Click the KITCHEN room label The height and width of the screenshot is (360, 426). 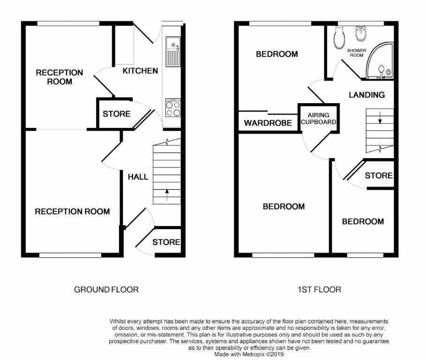140,71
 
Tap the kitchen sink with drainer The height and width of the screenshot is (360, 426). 173,52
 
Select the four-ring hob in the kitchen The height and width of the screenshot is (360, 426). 173,108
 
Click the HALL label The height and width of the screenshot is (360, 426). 138,177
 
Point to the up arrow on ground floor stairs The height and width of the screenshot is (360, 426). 167,195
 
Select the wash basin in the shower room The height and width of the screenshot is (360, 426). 361,33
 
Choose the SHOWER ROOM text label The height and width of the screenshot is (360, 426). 357,52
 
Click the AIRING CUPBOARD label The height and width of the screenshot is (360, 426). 318,119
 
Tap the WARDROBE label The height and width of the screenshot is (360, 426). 268,123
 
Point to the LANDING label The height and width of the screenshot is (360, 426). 367,95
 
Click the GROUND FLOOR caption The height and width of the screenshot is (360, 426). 106,290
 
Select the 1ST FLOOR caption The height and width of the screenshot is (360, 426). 320,290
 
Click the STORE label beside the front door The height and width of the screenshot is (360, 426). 166,242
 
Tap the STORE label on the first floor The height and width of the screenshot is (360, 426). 379,175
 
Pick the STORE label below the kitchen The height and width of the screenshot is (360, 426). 117,114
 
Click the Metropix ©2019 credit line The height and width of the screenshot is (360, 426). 249,354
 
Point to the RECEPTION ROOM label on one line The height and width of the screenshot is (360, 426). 72,212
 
